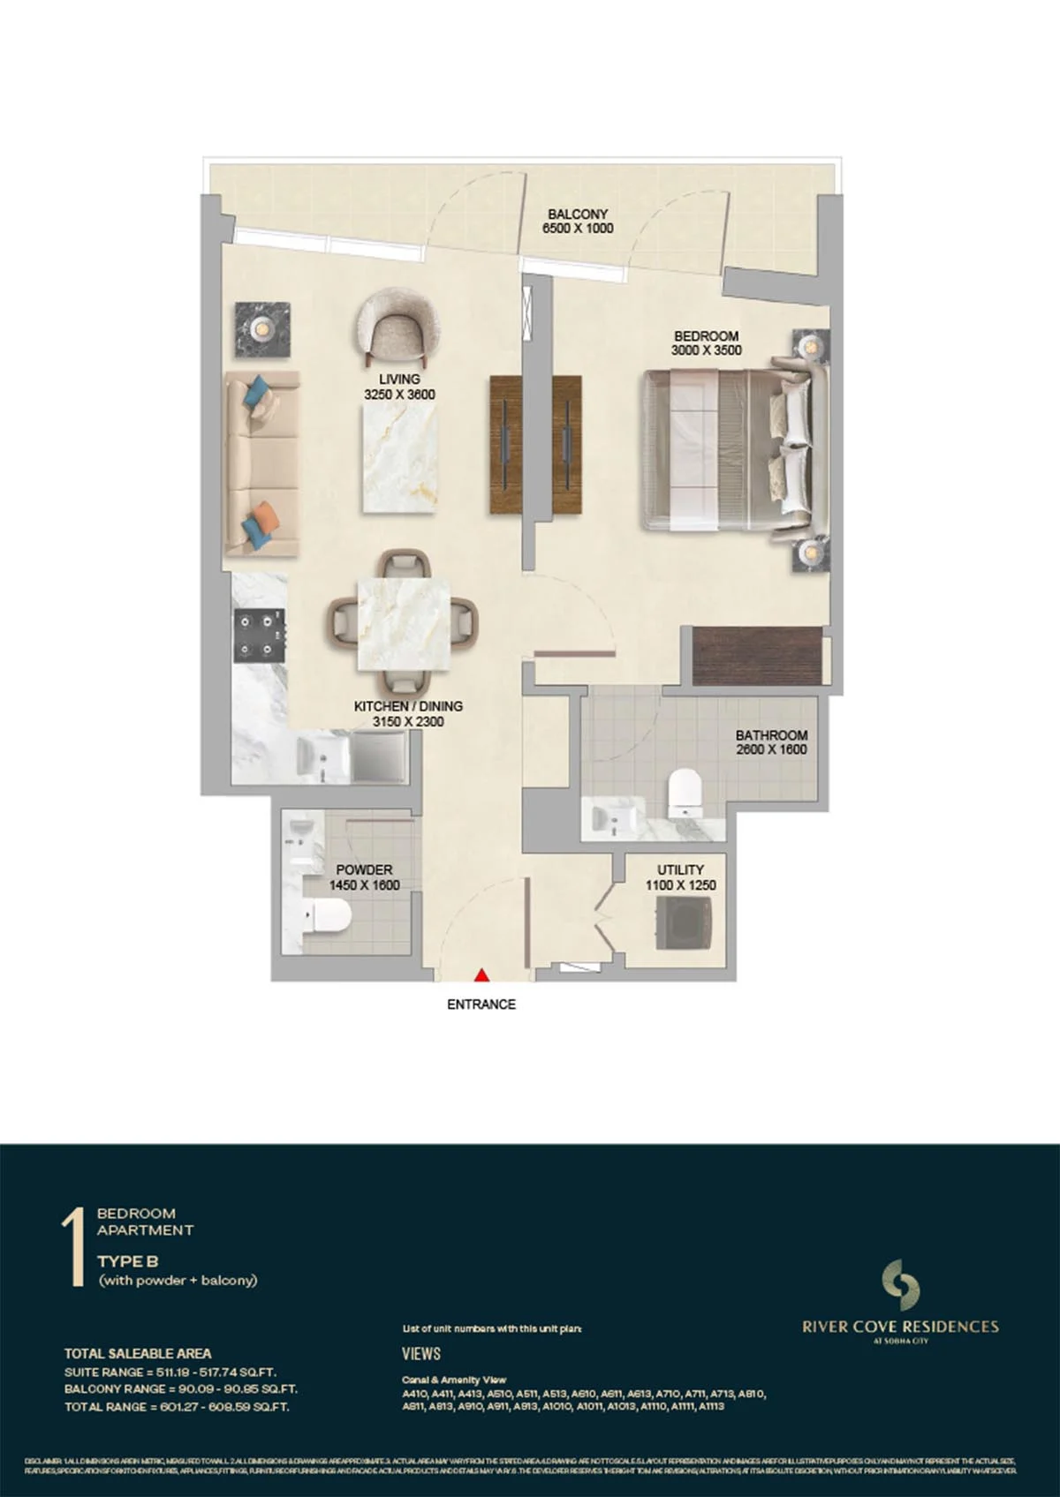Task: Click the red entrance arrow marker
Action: click(x=481, y=975)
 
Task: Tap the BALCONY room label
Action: click(x=578, y=214)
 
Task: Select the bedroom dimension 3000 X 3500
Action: click(x=706, y=350)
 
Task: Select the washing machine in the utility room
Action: click(x=681, y=924)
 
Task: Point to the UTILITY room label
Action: click(x=680, y=869)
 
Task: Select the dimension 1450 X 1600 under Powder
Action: click(x=364, y=885)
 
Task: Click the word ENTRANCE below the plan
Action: click(x=481, y=1004)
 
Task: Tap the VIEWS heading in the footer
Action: click(x=420, y=1353)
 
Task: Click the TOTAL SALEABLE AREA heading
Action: click(x=138, y=1353)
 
